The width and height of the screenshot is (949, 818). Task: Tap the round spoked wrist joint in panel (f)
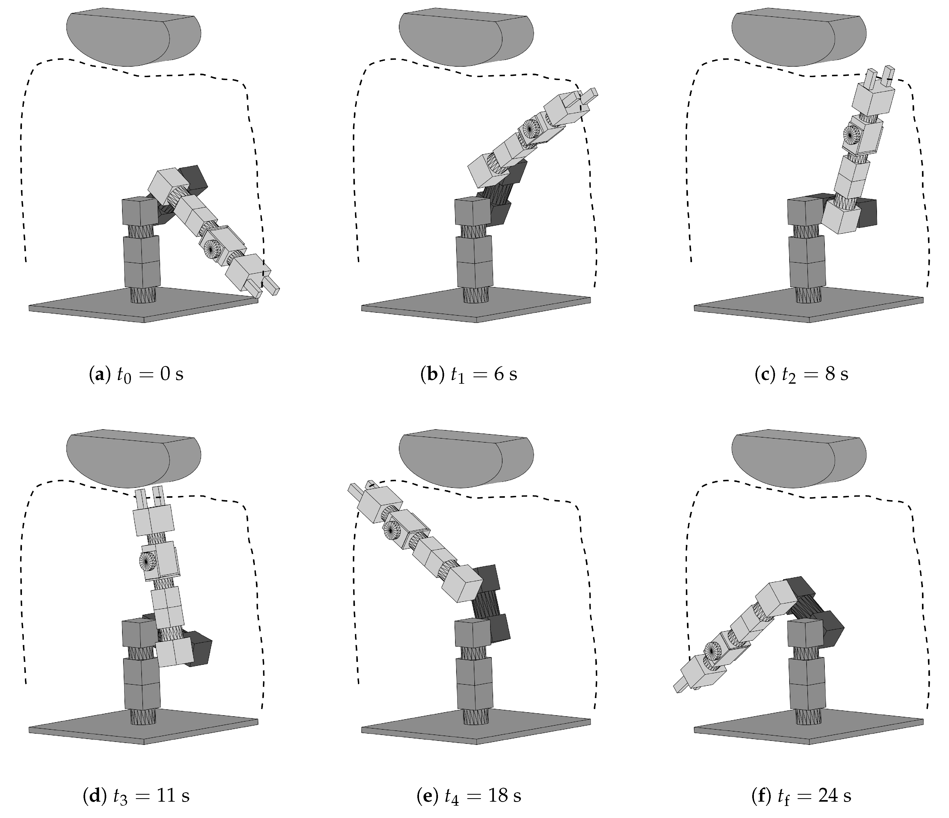pyautogui.click(x=712, y=650)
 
